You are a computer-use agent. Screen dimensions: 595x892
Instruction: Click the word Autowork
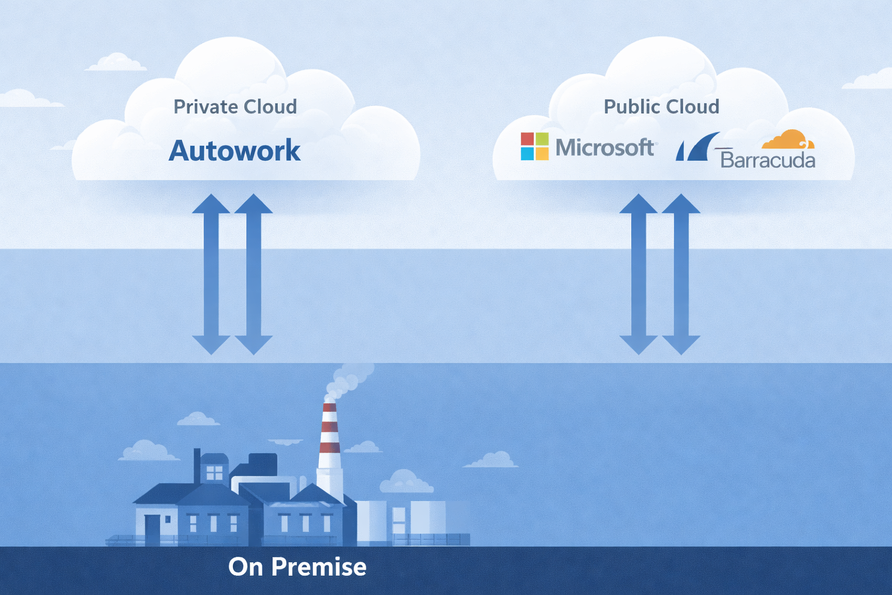(235, 150)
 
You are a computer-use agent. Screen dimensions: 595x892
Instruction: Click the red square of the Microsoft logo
(527, 139)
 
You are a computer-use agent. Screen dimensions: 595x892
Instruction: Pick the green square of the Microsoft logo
(542, 139)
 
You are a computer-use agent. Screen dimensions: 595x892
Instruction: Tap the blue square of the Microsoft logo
(527, 153)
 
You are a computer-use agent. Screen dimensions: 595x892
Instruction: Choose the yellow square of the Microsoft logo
(542, 153)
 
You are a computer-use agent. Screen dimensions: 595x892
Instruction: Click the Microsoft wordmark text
(605, 148)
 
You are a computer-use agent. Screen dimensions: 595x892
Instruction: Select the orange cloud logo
(788, 140)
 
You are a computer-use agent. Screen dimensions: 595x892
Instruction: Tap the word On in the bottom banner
(246, 567)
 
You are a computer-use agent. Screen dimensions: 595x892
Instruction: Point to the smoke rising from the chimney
(348, 378)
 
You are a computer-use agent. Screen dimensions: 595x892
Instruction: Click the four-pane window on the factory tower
(214, 472)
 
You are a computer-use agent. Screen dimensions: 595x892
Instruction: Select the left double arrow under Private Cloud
(211, 274)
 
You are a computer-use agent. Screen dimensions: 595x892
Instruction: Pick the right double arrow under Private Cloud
(253, 274)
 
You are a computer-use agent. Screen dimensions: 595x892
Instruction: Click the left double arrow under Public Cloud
(639, 274)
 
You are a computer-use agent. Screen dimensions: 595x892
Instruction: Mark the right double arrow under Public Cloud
(681, 274)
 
